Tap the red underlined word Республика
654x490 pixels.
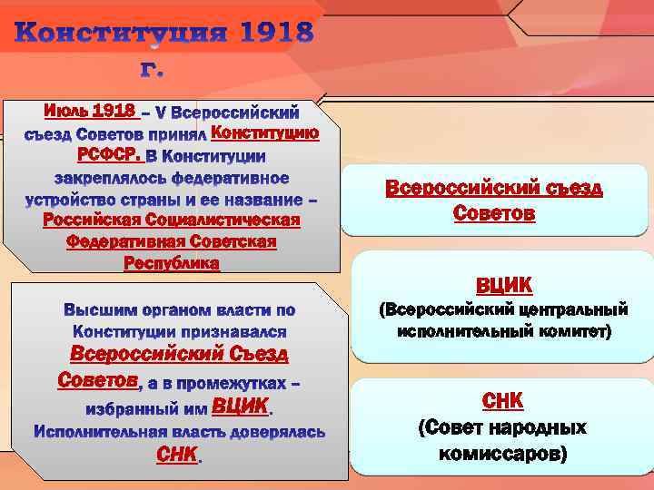[171, 263]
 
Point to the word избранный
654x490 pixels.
[135, 408]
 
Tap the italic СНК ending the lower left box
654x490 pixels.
[176, 454]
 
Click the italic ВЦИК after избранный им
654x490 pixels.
[240, 405]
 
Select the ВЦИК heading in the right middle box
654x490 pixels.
[504, 285]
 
